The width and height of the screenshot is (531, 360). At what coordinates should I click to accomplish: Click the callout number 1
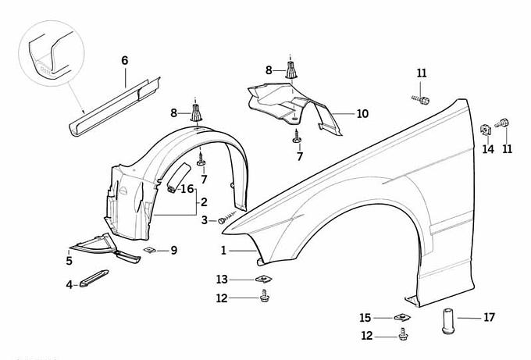pos(223,251)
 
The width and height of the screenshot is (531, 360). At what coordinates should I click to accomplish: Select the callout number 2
pos(203,202)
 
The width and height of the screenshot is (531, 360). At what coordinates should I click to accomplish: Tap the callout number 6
pos(124,60)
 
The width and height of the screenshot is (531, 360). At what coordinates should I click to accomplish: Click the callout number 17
pos(490,317)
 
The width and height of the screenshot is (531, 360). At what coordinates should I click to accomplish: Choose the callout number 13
pos(223,279)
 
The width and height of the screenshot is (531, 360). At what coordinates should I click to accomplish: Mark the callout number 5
pos(69,262)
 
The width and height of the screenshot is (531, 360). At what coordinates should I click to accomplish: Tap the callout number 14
pos(487,148)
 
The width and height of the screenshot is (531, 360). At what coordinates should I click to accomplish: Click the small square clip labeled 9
pos(150,250)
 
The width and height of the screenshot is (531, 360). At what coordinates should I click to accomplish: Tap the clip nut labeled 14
pos(485,129)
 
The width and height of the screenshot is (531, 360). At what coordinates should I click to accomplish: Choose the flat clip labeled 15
pos(401,317)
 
